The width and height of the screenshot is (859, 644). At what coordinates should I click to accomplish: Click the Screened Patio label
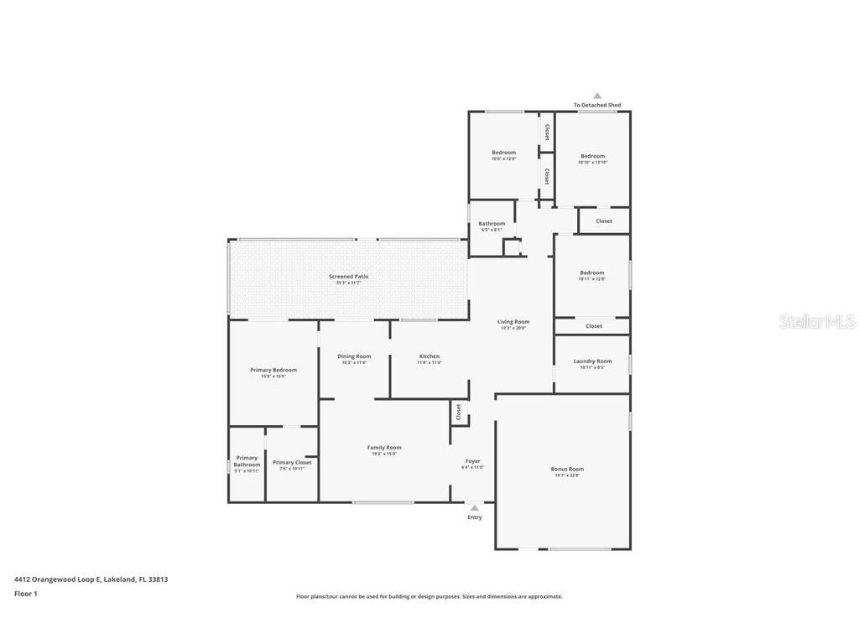tap(348, 276)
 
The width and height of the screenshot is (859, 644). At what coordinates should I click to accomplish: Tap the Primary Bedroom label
tap(273, 370)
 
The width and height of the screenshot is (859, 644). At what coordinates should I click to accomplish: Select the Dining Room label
tap(354, 356)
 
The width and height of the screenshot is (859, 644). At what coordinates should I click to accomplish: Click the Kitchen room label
tap(429, 356)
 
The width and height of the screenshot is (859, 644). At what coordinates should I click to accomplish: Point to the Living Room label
tap(513, 321)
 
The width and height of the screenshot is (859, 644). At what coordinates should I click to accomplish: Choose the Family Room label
tap(384, 448)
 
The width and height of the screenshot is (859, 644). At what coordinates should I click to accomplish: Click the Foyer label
tap(472, 461)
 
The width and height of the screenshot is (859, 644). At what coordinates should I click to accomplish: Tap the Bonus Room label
tap(567, 469)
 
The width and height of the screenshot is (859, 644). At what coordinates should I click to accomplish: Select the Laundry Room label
tap(592, 361)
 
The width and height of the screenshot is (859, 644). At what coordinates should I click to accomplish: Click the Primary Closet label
tap(292, 462)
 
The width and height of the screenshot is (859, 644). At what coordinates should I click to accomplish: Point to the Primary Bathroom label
tap(247, 461)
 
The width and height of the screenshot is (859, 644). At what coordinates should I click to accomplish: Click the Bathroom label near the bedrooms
tap(492, 224)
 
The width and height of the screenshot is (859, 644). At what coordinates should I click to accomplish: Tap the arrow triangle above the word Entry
tap(475, 508)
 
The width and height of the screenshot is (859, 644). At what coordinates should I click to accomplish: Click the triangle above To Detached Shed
tap(597, 96)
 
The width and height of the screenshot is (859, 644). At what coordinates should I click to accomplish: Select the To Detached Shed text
tap(597, 106)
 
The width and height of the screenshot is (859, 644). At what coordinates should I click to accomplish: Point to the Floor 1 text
tap(26, 594)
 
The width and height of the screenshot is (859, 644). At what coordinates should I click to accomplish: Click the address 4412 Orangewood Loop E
tap(91, 579)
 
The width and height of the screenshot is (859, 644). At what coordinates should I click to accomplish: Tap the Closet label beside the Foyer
tap(459, 412)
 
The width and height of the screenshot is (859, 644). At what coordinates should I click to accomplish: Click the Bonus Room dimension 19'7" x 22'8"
tap(567, 475)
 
